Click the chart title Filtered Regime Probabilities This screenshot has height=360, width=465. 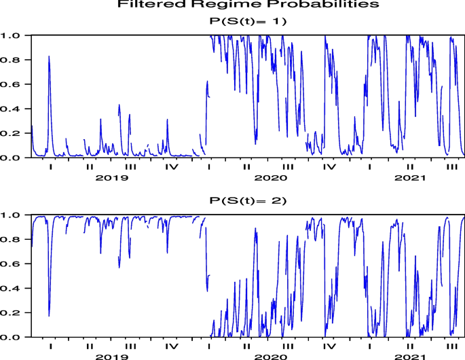coord(247,5)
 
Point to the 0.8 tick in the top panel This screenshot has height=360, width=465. coord(14,60)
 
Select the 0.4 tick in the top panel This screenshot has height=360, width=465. coord(14,109)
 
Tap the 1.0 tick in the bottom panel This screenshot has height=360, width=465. coord(14,215)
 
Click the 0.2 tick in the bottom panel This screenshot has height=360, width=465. coord(14,313)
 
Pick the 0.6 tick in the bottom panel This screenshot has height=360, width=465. coord(14,264)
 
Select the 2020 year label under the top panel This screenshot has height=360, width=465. coord(269,178)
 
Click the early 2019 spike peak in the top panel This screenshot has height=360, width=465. coord(49,56)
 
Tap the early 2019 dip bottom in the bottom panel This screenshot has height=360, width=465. coord(49,316)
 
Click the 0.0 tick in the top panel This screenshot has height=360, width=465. coord(14,158)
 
